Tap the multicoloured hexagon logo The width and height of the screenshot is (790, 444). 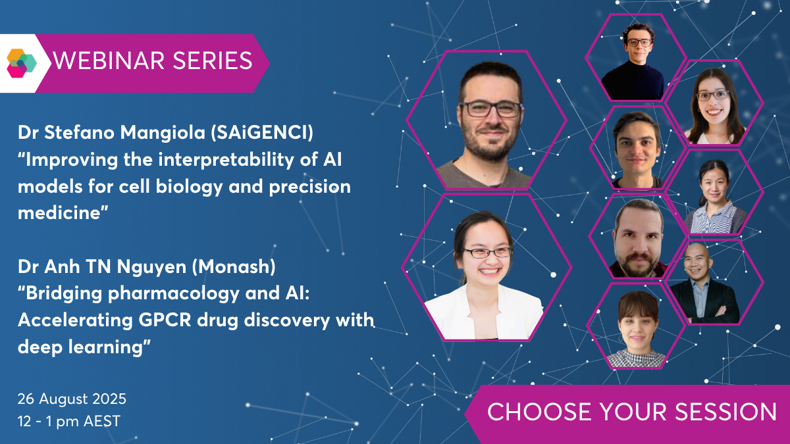pyautogui.click(x=22, y=63)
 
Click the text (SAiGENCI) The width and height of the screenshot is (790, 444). pyautogui.click(x=262, y=132)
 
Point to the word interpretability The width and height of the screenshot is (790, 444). pyautogui.click(x=226, y=160)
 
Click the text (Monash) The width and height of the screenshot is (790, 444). pyautogui.click(x=234, y=266)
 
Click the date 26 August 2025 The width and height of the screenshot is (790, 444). pyautogui.click(x=72, y=399)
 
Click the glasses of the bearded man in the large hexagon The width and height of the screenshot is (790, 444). pyautogui.click(x=490, y=109)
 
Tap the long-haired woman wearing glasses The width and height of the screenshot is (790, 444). pyautogui.click(x=714, y=106)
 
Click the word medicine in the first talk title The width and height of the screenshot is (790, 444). pyautogui.click(x=63, y=213)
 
